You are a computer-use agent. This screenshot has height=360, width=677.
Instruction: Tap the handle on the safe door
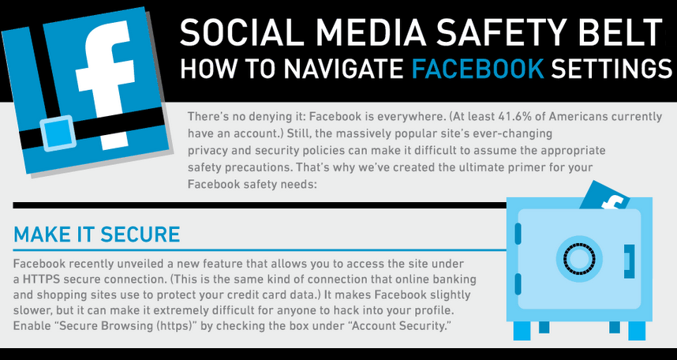(x=629, y=258)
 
